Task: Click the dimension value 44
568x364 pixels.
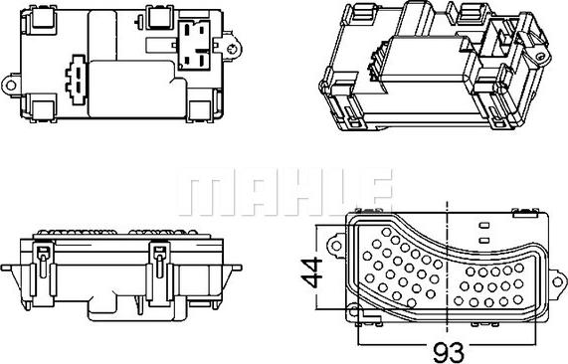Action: click(x=312, y=272)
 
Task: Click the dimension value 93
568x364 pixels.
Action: click(x=449, y=352)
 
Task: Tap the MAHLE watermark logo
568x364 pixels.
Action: click(x=284, y=191)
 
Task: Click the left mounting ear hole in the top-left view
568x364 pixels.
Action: click(x=11, y=86)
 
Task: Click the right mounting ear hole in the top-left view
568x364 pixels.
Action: click(x=231, y=49)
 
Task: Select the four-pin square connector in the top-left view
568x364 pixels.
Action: click(x=195, y=44)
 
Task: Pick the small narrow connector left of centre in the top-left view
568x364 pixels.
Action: click(x=77, y=80)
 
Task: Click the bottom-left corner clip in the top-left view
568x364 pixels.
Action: click(x=43, y=108)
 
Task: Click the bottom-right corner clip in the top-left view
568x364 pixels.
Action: click(x=200, y=109)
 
